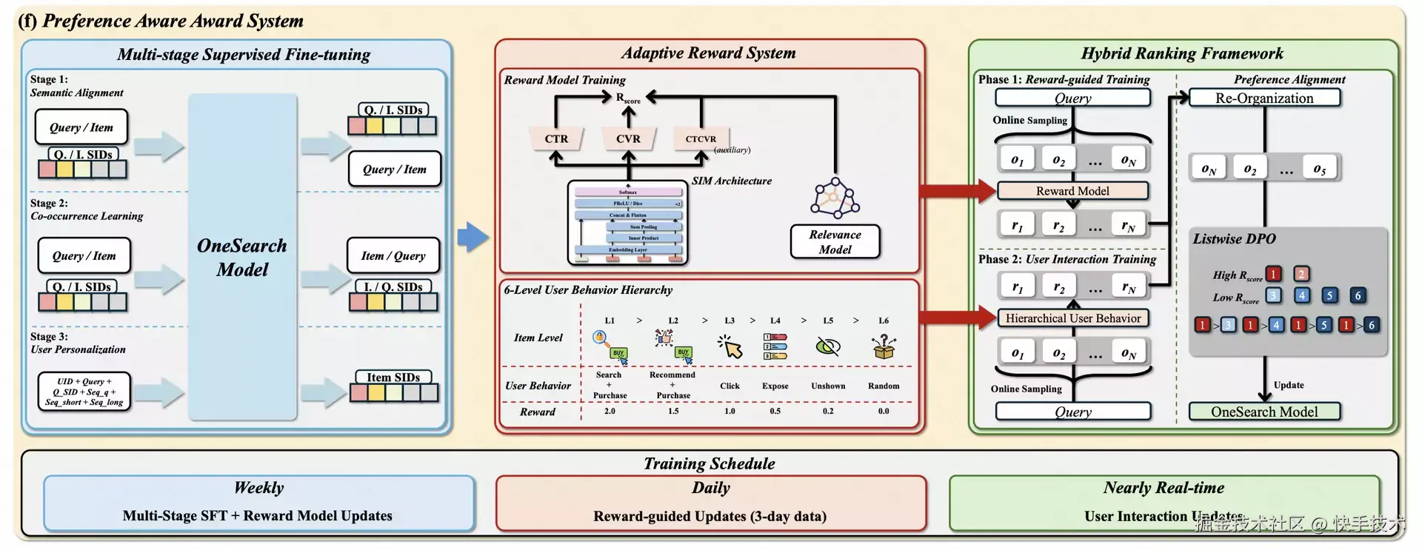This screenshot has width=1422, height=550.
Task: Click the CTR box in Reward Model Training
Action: coord(556,138)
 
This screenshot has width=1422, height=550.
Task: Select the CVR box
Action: coord(628,138)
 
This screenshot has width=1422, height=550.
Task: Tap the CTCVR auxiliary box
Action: coord(701,138)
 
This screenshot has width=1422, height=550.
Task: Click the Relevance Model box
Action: coord(835,242)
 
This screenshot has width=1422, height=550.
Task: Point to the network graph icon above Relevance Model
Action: coord(835,198)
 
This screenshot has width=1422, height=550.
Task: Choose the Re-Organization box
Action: coord(1264,98)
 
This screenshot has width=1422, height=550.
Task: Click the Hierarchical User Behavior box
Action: coord(1073,318)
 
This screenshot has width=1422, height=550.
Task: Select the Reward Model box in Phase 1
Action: coord(1072,191)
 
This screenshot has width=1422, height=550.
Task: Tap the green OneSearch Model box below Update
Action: coord(1264,412)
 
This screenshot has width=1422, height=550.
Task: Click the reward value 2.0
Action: coord(610,411)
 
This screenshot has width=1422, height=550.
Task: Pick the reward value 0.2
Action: coord(828,411)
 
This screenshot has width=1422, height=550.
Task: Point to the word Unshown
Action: coord(828,386)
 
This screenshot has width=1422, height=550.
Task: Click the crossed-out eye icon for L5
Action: coord(828,346)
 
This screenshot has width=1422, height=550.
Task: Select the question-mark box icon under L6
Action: coord(884,346)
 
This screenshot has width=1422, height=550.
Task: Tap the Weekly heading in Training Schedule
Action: coord(258,488)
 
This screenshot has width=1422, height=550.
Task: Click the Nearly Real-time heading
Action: coord(1164,488)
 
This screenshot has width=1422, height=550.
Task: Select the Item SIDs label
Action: coord(393,378)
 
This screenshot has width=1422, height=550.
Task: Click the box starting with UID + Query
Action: coord(84,392)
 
